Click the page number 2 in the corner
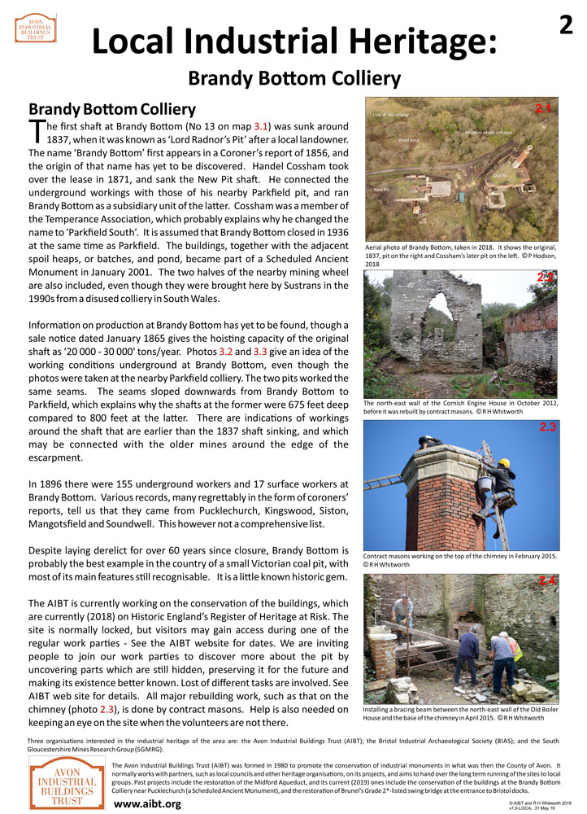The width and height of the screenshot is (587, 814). coord(567,26)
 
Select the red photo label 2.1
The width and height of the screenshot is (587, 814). coord(543,108)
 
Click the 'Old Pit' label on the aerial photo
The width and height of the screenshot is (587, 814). coord(499,176)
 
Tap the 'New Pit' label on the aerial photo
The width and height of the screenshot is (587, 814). coord(380,190)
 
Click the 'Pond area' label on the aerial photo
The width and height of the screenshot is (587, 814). coord(409,140)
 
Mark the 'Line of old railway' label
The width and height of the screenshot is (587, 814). coord(391,114)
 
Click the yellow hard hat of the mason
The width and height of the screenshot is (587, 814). coord(504,464)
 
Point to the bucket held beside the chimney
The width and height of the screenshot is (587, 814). coord(486,483)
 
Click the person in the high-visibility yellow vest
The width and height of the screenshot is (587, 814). coord(515,648)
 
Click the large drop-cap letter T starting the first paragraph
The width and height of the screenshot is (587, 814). coord(37,131)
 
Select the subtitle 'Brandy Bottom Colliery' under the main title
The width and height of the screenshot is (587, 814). coord(293,78)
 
